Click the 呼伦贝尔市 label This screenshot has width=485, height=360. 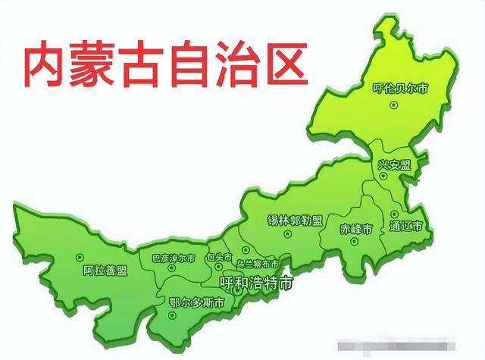(x=401, y=89)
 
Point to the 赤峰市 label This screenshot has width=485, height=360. (x=355, y=228)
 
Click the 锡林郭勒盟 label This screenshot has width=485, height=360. (x=295, y=221)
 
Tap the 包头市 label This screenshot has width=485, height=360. (x=220, y=257)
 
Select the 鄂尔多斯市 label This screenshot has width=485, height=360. (x=196, y=302)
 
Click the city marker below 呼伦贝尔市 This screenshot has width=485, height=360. (x=393, y=105)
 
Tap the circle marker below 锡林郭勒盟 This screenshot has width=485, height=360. (x=287, y=234)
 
